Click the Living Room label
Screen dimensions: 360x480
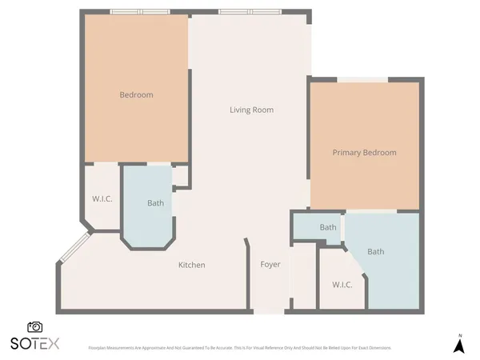pos(252,110)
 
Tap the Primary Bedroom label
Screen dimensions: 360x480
pos(364,152)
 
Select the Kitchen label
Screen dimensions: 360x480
pos(191,265)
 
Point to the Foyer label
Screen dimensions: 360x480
pos(270,265)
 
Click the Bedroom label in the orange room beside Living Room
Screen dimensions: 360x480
pos(136,95)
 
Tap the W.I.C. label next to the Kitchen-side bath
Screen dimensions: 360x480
pos(101,198)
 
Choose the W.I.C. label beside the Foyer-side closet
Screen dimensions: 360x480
pos(342,285)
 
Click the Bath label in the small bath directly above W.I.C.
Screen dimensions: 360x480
pos(328,227)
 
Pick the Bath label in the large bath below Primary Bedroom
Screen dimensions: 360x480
pos(375,252)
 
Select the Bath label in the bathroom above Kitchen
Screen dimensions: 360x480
pos(155,203)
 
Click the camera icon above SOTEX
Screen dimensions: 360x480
pos(35,326)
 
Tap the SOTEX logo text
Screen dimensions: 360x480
pos(34,344)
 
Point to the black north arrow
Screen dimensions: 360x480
pos(459,346)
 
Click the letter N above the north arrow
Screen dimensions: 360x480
pos(459,334)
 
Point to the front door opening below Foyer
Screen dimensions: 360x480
pos(269,312)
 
